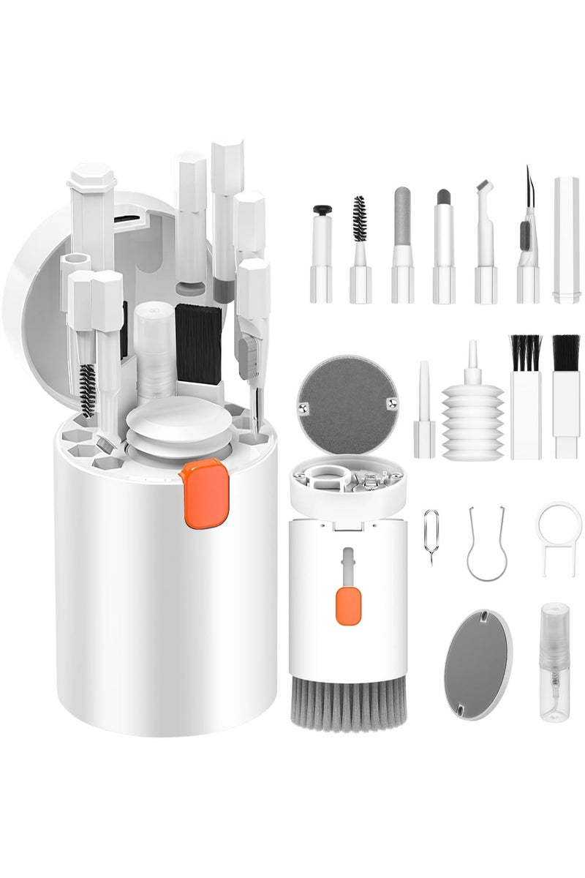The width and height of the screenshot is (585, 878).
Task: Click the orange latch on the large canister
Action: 203,493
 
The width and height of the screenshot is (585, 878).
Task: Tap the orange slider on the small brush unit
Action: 348,607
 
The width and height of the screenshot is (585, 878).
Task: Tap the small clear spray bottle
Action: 554,662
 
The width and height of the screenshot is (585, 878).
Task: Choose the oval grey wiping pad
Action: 478,664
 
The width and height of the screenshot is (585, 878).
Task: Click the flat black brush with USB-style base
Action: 566,395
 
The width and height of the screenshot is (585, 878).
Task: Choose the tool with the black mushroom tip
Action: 322,252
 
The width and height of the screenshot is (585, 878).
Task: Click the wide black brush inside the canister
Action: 197,344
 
